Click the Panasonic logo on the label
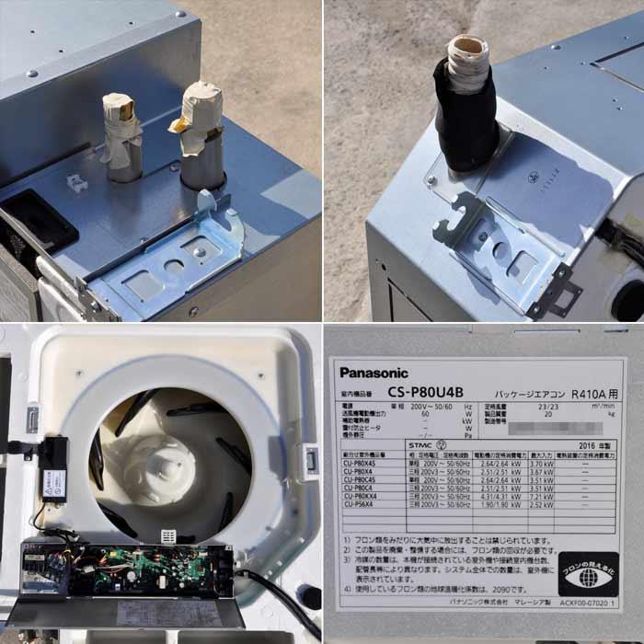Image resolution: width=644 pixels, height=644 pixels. click(374, 373)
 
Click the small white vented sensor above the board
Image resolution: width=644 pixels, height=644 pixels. click(168, 535)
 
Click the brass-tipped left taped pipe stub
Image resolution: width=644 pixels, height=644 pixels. click(123, 133)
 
